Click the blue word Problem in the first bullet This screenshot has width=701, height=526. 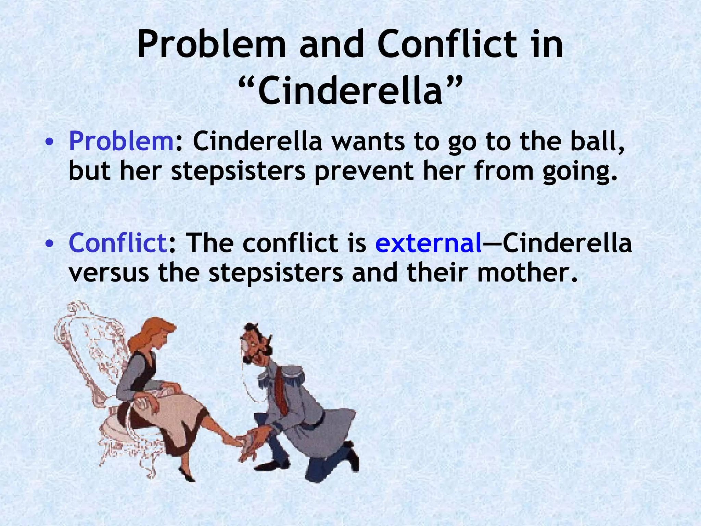coord(122,141)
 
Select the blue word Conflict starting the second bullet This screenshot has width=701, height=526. coord(117,242)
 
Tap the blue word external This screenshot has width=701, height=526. coord(429,242)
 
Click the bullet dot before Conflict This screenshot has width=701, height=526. coord(50,243)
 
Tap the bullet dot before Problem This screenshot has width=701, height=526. coord(50,142)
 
